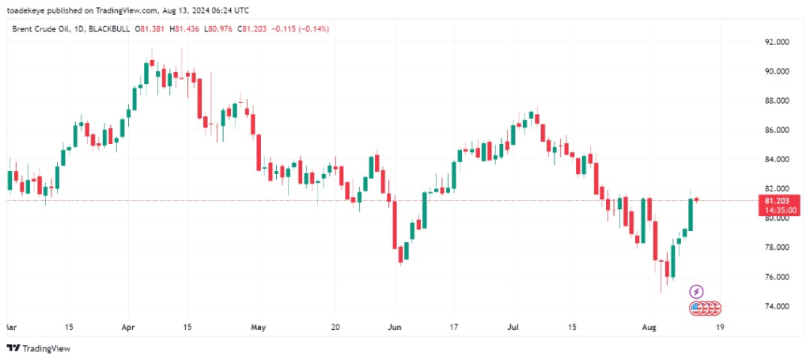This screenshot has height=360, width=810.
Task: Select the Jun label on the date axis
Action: pos(395,326)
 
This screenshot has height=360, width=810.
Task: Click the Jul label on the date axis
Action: pos(513,326)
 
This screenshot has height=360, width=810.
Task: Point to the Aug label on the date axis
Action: pos(649,326)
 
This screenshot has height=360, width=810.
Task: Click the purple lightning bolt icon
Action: pos(697,292)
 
